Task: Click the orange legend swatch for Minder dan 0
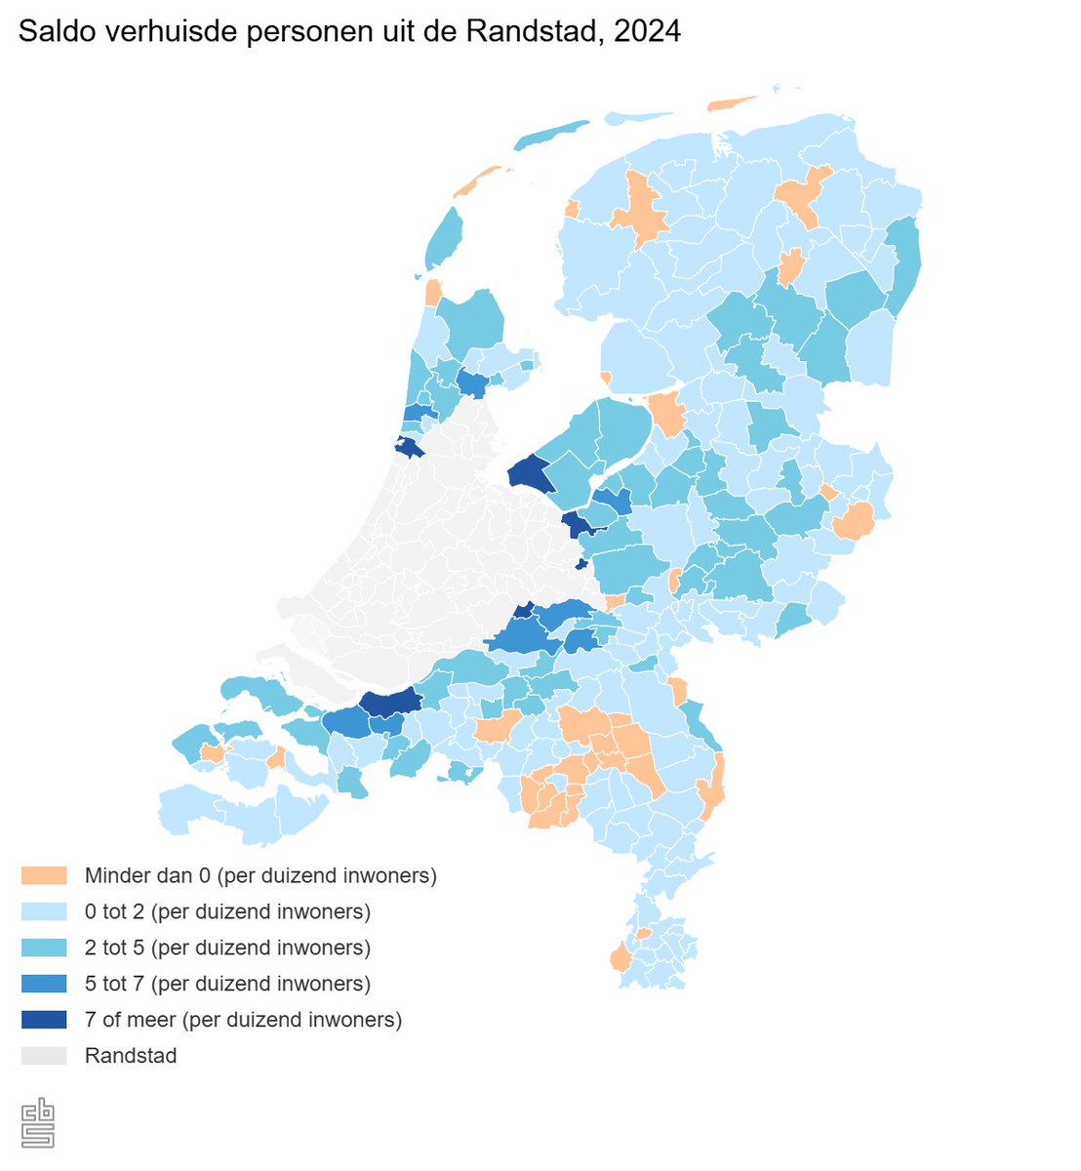click(x=44, y=875)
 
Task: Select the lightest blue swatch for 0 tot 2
click(x=44, y=911)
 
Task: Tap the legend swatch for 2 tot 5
click(x=44, y=948)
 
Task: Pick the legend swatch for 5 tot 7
click(x=44, y=984)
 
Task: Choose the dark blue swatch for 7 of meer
click(x=44, y=1020)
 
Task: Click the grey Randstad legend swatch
click(x=44, y=1056)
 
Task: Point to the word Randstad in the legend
click(x=131, y=1056)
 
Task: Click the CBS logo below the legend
click(x=38, y=1123)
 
